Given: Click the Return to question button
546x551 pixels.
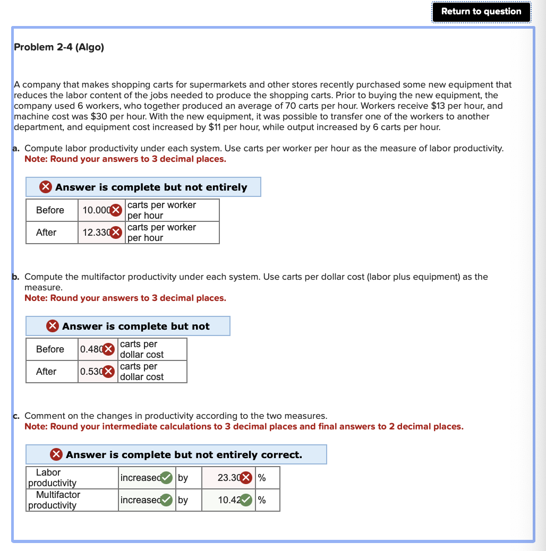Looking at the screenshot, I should (x=481, y=12).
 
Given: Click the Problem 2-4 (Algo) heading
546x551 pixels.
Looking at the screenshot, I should (x=59, y=47).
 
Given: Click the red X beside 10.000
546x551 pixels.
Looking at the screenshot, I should (x=117, y=210).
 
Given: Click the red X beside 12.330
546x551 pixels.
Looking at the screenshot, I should (x=117, y=233).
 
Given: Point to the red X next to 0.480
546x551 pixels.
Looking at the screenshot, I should (x=108, y=349).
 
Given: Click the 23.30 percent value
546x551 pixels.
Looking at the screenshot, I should (x=228, y=478).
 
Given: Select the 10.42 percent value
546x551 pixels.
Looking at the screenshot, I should (x=228, y=500).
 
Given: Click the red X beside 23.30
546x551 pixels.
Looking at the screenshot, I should (x=246, y=478).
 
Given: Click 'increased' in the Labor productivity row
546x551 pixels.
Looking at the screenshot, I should (x=140, y=478).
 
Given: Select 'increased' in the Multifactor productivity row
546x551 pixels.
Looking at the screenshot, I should (x=140, y=500).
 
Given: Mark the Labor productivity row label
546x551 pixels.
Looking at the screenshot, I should (x=52, y=478).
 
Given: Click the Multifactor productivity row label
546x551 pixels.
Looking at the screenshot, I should (x=54, y=500).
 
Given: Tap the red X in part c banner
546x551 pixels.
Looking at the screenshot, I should (x=56, y=455).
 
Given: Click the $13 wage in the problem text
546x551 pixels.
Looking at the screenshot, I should (x=438, y=106).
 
